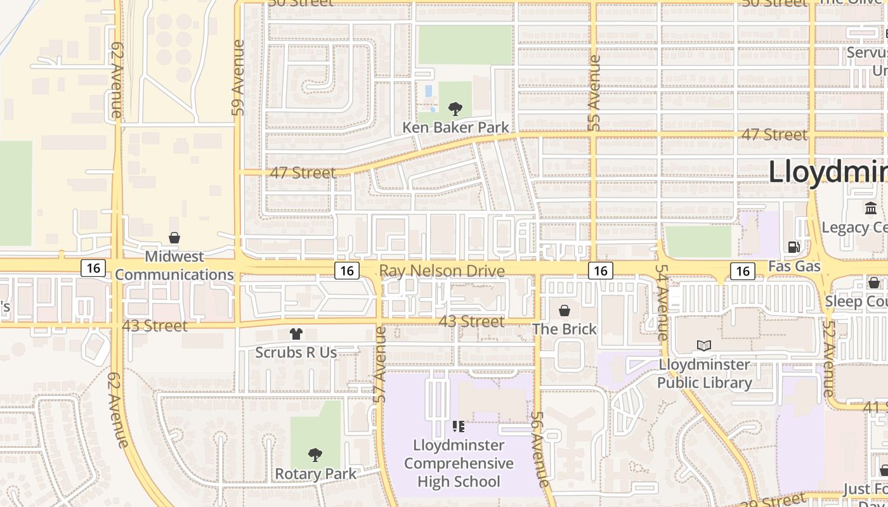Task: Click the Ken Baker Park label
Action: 455,127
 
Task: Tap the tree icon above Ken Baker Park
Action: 455,108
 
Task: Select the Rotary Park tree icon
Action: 315,454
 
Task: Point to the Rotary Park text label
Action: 315,473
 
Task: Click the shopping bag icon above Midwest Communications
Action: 174,238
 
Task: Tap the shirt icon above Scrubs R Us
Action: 296,333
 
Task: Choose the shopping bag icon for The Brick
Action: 564,311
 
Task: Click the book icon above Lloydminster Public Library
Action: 704,345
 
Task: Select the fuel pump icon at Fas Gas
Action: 793,247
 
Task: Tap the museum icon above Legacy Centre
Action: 870,208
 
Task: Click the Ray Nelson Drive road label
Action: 442,271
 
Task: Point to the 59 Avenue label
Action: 238,77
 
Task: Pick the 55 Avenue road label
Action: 594,93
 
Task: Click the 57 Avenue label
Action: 380,364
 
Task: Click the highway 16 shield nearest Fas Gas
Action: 742,271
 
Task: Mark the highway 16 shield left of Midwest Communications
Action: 93,268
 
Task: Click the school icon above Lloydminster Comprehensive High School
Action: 459,427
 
